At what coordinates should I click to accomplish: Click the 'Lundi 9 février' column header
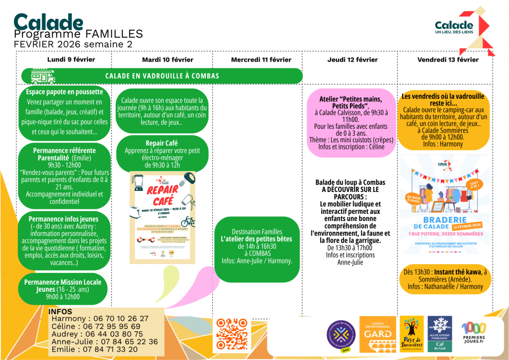[71, 60]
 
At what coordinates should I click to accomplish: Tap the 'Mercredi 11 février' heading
[261, 60]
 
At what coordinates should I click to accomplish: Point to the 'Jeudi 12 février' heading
[352, 60]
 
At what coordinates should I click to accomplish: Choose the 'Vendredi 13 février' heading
[448, 60]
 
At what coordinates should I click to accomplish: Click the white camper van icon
[43, 76]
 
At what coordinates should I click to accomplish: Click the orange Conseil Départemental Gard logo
[378, 334]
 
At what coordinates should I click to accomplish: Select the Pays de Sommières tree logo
[412, 334]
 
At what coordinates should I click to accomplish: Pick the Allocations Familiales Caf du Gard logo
[440, 334]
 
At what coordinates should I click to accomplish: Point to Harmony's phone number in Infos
[117, 319]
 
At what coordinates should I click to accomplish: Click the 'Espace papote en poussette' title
[65, 92]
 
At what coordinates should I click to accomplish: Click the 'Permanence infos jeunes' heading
[64, 219]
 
